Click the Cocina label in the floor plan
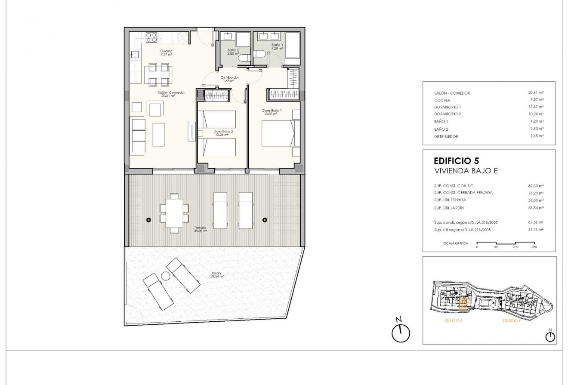click(166, 51)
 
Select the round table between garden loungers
click(166, 276)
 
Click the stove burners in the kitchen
click(151, 37)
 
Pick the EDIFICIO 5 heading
click(456, 162)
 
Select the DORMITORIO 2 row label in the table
click(448, 114)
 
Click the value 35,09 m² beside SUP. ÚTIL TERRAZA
click(536, 200)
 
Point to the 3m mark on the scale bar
click(534, 247)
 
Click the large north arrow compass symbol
click(401, 333)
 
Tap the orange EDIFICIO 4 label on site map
click(511, 321)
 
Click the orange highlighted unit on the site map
click(463, 305)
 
